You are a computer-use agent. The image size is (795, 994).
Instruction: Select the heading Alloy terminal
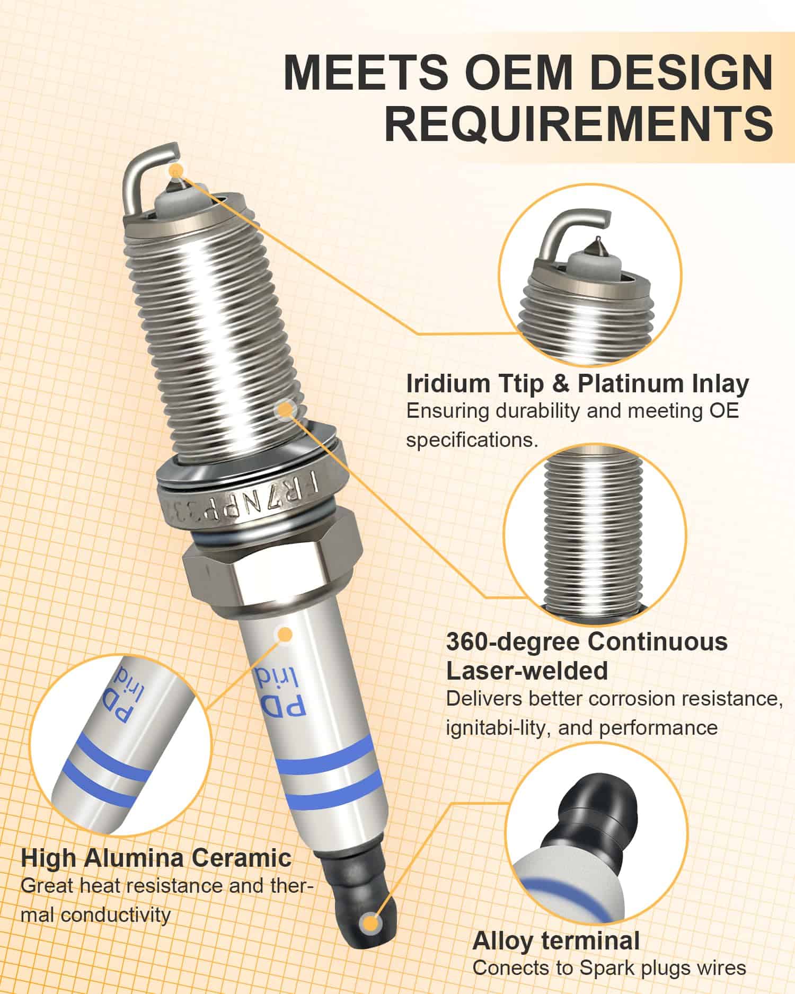click(x=556, y=941)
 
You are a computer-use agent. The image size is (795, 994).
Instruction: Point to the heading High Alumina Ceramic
click(x=157, y=858)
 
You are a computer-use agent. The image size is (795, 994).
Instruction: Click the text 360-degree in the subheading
click(x=514, y=642)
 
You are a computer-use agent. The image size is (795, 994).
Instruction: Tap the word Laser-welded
click(x=526, y=671)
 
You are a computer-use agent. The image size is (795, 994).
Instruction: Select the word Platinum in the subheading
click(x=624, y=384)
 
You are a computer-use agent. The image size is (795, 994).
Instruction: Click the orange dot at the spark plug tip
click(x=176, y=170)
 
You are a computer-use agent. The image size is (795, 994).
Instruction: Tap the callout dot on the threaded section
click(x=286, y=408)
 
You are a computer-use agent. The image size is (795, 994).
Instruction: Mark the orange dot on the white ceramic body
click(x=285, y=635)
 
